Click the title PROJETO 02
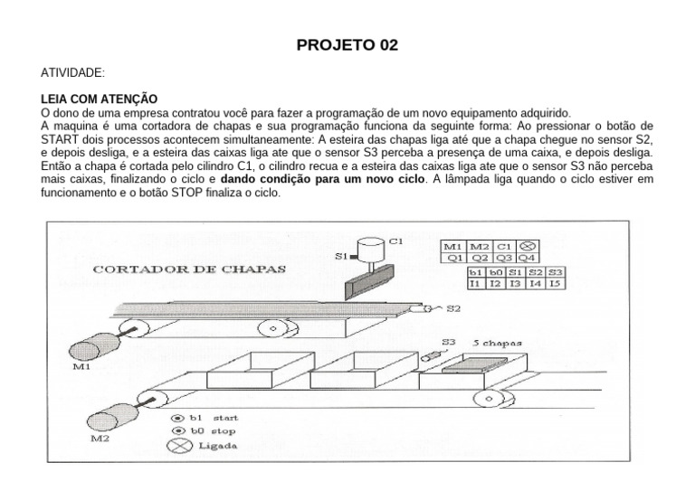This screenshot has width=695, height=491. coord(347,45)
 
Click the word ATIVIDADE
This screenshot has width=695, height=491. coord(73,71)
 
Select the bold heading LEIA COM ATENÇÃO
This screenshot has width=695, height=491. coord(100,98)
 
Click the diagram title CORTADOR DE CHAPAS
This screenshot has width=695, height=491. coord(190,269)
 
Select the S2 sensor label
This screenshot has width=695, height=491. coord(453,308)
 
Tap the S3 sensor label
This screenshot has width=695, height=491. coord(450,342)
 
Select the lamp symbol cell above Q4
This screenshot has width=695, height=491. coord(530,245)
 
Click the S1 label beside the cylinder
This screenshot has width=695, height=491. coord(341,257)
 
